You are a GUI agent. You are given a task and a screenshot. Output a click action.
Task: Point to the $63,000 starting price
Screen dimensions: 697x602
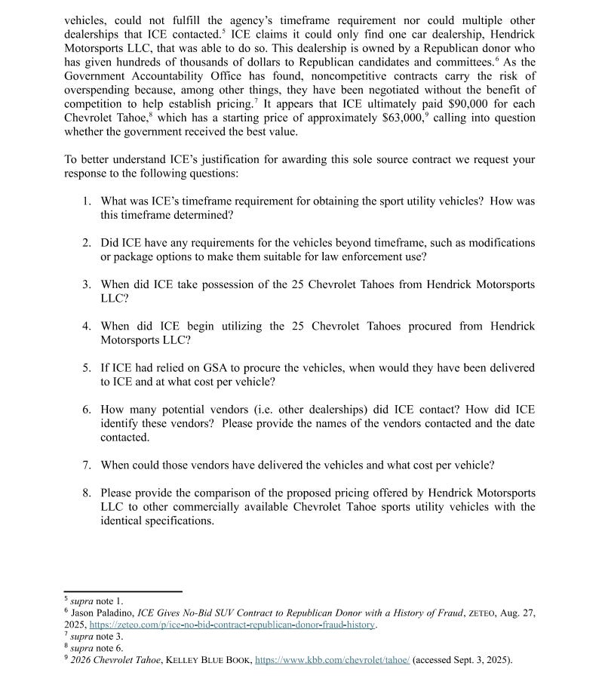407,118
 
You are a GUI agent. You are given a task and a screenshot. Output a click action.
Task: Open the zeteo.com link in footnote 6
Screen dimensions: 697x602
232,625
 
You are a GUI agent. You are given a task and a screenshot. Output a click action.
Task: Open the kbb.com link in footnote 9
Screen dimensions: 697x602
333,660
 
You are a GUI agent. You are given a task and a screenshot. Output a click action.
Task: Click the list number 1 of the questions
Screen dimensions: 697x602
87,201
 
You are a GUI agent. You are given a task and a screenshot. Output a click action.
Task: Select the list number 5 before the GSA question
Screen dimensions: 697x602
87,368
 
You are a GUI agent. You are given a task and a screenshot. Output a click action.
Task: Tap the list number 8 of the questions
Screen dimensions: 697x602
87,493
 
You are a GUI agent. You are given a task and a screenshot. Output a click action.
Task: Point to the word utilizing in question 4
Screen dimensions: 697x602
243,327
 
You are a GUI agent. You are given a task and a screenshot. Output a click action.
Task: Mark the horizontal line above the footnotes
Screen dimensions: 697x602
123,592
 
